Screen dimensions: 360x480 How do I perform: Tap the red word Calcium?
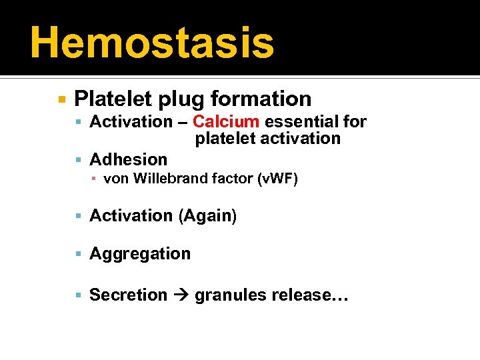pos(226,121)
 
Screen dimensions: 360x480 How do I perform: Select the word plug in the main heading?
pos(183,99)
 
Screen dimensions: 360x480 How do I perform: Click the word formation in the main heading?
pos(261,99)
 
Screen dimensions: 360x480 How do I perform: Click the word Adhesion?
pos(129,159)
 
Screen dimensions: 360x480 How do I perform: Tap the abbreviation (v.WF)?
pos(277,178)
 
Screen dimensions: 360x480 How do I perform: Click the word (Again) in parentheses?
pos(207,216)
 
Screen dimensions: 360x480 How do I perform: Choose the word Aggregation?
pos(140,253)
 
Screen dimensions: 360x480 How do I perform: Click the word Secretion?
pos(129,295)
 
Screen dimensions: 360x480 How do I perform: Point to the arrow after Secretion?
pos(181,295)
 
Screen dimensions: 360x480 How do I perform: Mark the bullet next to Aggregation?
pos(79,254)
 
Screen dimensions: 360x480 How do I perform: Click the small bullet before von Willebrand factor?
pos(95,179)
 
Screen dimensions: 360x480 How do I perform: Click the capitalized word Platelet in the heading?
pos(113,99)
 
